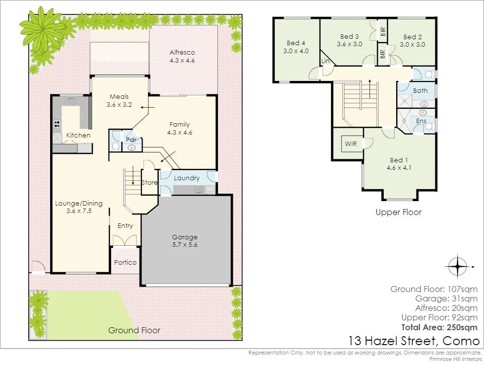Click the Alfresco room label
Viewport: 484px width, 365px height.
[182, 53]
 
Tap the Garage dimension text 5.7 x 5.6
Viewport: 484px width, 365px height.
[185, 245]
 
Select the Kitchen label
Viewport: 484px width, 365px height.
[78, 135]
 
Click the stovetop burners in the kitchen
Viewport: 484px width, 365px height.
[57, 124]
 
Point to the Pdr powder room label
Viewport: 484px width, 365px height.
[132, 140]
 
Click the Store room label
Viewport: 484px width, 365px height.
[149, 183]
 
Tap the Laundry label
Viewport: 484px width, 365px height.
[187, 178]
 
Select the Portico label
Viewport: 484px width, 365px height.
[125, 263]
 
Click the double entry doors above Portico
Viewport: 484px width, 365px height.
[125, 240]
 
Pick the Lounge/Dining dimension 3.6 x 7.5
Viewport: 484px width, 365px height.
[79, 211]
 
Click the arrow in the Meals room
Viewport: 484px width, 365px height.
[147, 107]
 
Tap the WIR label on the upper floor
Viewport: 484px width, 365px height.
[350, 144]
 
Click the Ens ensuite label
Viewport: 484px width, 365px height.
[421, 121]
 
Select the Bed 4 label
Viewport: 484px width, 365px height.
[296, 43]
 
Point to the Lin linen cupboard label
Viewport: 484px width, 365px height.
[325, 61]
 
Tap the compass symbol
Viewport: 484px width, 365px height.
[458, 266]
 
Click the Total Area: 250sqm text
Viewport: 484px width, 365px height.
[439, 328]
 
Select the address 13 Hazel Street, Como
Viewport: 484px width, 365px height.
[414, 341]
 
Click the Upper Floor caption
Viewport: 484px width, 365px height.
[399, 213]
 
